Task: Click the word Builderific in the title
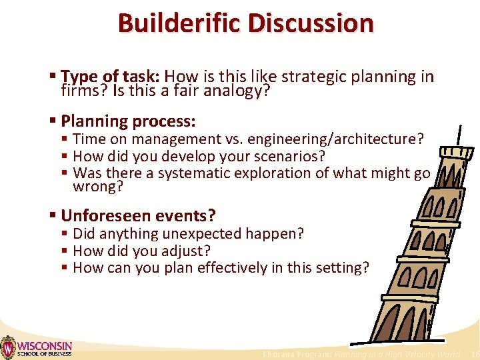tap(180, 23)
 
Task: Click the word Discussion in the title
tap(311, 23)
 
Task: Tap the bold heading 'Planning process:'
tap(128, 121)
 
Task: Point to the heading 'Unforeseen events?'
tap(138, 216)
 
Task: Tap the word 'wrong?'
tap(98, 187)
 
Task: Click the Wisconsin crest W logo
tap(7, 347)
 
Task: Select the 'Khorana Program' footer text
tap(297, 355)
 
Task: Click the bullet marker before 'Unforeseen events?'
tap(53, 216)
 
